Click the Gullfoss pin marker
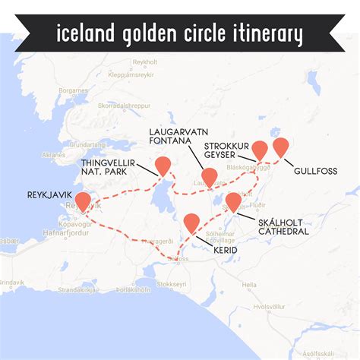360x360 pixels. [282, 147]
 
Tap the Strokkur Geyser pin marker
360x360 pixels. [260, 150]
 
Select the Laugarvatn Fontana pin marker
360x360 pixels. [210, 177]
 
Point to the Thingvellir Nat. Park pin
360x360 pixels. [163, 166]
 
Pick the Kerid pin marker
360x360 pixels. [192, 223]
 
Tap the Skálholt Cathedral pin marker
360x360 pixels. [233, 202]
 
